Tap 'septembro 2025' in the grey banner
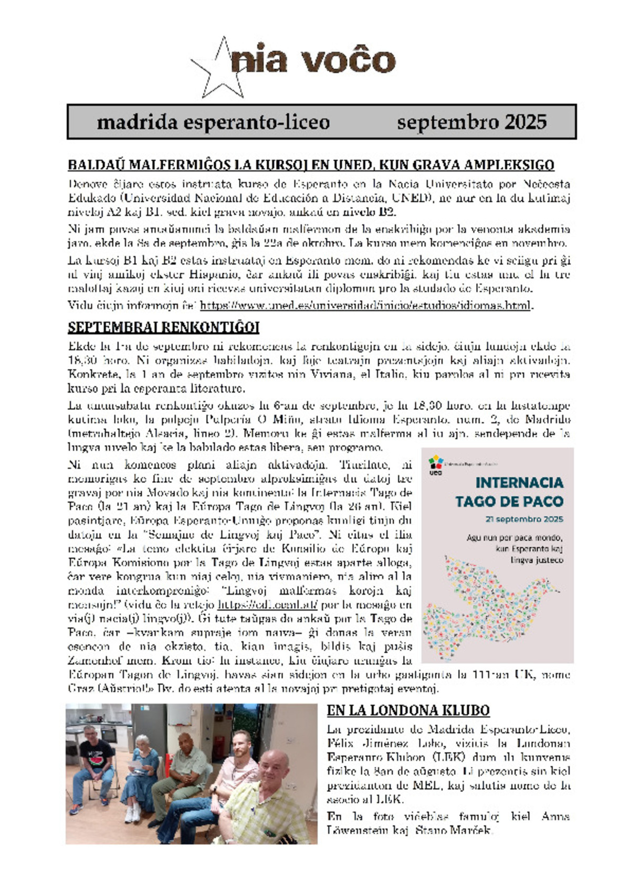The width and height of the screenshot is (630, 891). [x=472, y=122]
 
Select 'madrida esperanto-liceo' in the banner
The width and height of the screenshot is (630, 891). [x=213, y=122]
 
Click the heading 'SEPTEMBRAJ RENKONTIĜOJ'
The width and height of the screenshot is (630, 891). [x=163, y=328]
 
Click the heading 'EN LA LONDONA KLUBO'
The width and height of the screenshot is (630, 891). [x=408, y=710]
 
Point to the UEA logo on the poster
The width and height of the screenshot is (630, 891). [x=435, y=464]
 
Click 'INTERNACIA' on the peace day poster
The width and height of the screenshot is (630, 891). [x=519, y=483]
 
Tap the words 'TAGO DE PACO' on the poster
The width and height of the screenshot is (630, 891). [x=509, y=502]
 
